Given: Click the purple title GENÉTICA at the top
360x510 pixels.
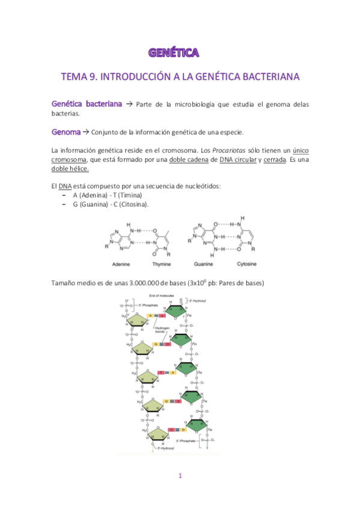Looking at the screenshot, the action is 174,53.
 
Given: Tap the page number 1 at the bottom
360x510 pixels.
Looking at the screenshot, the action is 180,476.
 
